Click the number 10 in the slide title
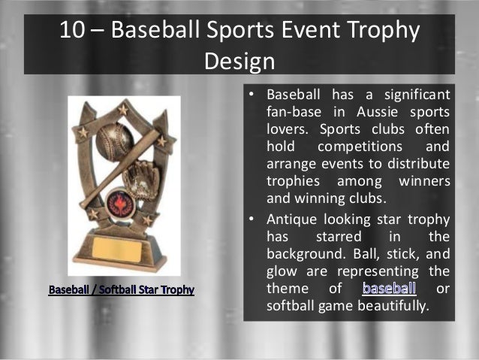coord(74,32)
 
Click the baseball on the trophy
coord(114,139)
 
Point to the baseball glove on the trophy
coord(141,180)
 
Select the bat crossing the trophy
coord(124,167)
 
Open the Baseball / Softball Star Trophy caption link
coord(122,289)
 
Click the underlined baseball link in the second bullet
coord(389,289)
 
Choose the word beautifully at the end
coord(388,306)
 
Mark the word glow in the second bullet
coord(282,272)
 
